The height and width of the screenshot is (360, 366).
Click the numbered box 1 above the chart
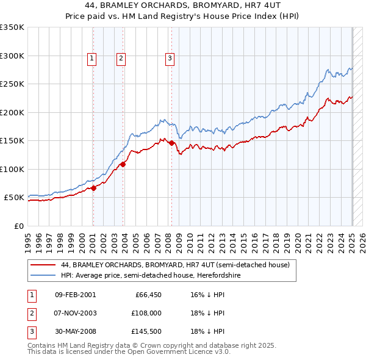point(91,59)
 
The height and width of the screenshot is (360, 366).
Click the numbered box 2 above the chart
point(121,59)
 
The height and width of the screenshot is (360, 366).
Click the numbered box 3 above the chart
point(169,59)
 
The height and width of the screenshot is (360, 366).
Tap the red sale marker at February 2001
point(94,189)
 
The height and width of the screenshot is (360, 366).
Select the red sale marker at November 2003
point(123,164)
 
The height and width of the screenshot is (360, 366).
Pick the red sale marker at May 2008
point(172,143)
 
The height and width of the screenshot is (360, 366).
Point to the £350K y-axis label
point(12,27)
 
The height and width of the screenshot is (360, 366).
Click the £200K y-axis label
point(12,112)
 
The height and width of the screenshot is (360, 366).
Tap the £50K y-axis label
point(15,198)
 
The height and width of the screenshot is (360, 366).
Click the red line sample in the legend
point(43,265)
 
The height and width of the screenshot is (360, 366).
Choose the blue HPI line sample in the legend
point(43,276)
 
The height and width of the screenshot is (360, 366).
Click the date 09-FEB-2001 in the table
point(75,295)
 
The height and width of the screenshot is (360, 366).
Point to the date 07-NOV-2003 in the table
point(76,313)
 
